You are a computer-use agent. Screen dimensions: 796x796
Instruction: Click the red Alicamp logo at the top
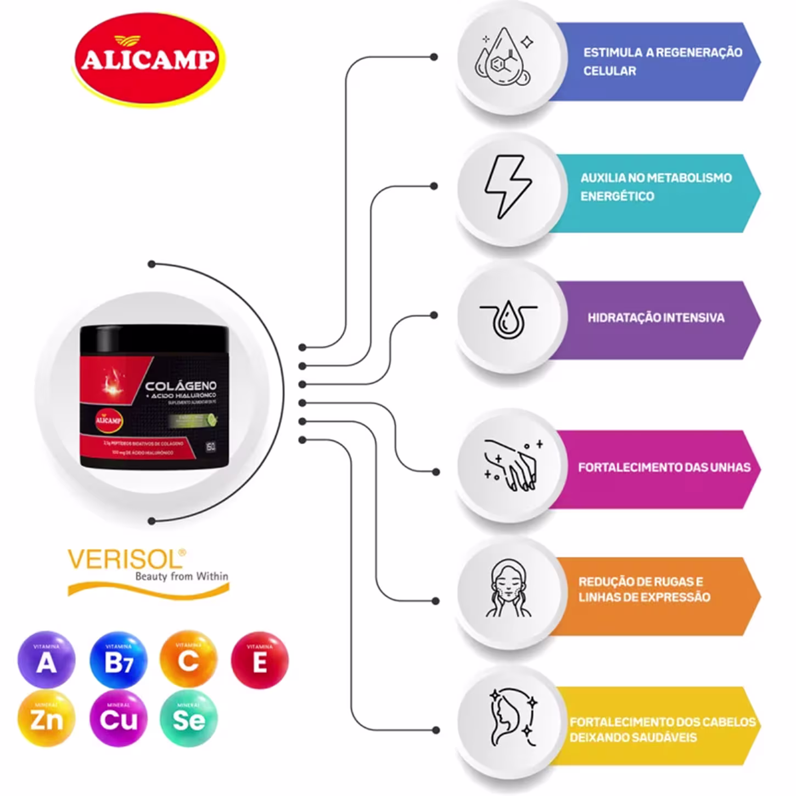coord(149,59)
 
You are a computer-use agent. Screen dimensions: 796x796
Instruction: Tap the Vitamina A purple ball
coord(46,660)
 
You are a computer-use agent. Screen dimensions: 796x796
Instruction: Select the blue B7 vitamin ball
coord(119,660)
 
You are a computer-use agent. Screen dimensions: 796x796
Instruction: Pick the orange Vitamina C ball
coord(188,660)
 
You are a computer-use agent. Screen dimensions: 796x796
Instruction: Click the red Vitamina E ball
coord(259,660)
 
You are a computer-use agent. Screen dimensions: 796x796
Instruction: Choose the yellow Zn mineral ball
coord(46,719)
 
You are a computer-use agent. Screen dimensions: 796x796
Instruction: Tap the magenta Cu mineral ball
coord(119,719)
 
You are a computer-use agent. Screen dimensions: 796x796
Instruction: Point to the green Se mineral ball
coord(188,719)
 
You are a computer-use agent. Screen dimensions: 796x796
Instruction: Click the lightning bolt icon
coord(507,187)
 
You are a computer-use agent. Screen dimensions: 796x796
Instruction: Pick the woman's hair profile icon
coord(511,717)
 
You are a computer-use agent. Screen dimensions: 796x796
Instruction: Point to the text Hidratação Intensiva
coord(655,318)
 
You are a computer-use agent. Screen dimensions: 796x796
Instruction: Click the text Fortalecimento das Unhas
coord(664,468)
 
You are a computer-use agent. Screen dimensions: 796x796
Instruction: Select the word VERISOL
coord(125,560)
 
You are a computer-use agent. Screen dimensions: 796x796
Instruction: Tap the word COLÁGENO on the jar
coord(181,386)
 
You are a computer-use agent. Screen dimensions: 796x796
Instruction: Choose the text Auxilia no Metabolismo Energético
coord(655,187)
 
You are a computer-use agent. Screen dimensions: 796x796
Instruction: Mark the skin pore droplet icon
coord(508,318)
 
